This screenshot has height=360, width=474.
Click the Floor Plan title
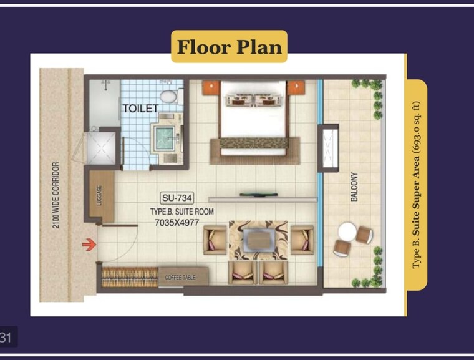pyautogui.click(x=229, y=47)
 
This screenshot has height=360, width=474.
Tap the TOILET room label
pyautogui.click(x=140, y=109)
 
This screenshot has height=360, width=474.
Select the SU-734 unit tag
pyautogui.click(x=177, y=198)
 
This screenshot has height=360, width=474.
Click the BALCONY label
pyautogui.click(x=354, y=187)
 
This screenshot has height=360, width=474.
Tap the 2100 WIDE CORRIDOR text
pyautogui.click(x=56, y=195)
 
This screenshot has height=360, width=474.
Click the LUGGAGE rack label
pyautogui.click(x=99, y=194)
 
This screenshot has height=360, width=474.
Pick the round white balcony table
pyautogui.click(x=347, y=232)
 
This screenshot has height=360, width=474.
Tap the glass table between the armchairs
pyautogui.click(x=258, y=239)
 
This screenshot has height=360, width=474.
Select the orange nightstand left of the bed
pyautogui.click(x=210, y=88)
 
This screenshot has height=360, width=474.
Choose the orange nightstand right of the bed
pyautogui.click(x=296, y=88)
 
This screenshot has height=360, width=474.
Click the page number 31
pyautogui.click(x=7, y=338)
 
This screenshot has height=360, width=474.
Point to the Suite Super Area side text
pyautogui.click(x=416, y=185)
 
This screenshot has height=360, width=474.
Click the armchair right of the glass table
pyautogui.click(x=302, y=240)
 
